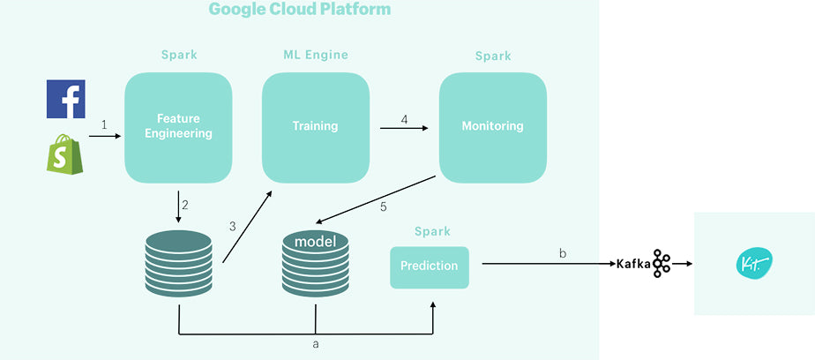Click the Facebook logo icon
pos(65,98)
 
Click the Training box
pos(315,126)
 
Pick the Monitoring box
pos(492,126)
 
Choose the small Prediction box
pos(430,266)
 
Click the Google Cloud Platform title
pos(299,10)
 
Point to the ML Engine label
pos(315,55)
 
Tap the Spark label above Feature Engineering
pos(179,55)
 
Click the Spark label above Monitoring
pos(493,56)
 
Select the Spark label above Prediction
pos(432,231)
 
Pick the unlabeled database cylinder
pos(179,264)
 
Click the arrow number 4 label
pos(404,119)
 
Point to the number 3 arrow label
pos(232,226)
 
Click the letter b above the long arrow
pos(563,253)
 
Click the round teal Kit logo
pos(754,263)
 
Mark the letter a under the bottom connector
pos(316,344)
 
